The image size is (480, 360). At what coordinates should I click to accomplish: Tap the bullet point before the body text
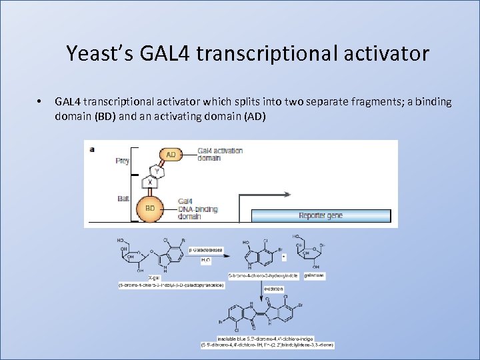pos(40,102)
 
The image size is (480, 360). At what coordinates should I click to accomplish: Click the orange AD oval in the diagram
pos(171,155)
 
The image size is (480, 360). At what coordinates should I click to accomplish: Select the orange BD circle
pos(150,208)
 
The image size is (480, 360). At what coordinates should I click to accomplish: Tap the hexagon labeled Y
pos(157,170)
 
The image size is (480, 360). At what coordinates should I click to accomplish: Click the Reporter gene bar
pos(321,215)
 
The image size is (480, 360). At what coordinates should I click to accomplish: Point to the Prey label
pos(122,161)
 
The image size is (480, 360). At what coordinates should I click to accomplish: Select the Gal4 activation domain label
pos(220,154)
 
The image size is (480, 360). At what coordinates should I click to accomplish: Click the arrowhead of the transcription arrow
pos(287,195)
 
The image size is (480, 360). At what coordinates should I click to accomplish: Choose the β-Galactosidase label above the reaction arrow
pos(205,250)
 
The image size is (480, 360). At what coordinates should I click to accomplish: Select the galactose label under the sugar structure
pos(314,275)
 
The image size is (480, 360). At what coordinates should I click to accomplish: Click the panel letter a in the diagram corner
pos(92,149)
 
